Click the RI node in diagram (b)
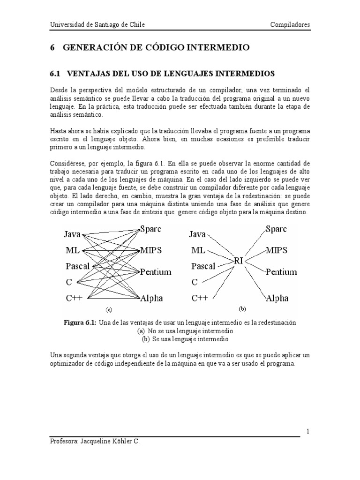(x=238, y=261)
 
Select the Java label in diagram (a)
(x=72, y=234)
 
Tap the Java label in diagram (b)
(x=197, y=234)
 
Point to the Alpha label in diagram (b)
(x=277, y=298)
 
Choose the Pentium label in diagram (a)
(x=156, y=272)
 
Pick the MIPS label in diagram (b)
(x=279, y=250)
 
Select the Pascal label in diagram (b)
(x=203, y=266)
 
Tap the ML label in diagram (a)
(x=72, y=250)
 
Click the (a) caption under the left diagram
(x=109, y=310)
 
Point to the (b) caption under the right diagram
(x=242, y=309)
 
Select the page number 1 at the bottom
(x=307, y=431)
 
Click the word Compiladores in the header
(x=290, y=24)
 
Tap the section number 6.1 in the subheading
(x=56, y=74)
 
